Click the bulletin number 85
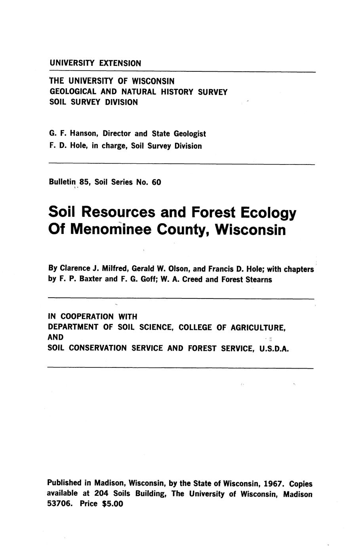[x=84, y=182]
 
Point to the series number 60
[x=156, y=182]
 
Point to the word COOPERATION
[x=84, y=316]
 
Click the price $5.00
[x=113, y=505]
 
